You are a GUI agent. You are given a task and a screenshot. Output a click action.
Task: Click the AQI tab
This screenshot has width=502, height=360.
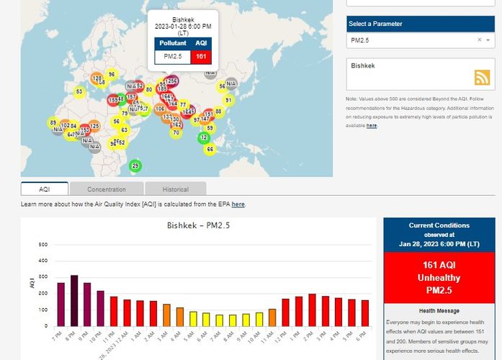pos(45,189)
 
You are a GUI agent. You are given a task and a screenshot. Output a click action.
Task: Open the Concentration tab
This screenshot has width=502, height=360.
pos(107,189)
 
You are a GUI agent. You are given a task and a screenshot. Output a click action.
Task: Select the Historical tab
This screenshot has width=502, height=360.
pos(175,189)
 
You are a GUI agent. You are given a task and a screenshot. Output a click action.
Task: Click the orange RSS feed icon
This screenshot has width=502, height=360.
pos(482,78)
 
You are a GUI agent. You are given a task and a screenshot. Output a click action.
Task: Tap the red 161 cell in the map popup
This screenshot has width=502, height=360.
pos(201,55)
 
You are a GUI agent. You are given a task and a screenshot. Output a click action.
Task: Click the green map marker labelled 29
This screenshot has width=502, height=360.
pos(135,166)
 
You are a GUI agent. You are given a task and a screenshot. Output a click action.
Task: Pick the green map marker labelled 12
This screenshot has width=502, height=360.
pos(204,137)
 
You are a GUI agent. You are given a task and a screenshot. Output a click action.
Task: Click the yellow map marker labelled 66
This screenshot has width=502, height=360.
pos(210,149)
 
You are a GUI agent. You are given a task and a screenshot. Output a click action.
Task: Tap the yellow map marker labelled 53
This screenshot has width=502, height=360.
pos(79,91)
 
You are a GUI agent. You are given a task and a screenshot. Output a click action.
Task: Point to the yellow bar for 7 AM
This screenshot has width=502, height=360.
pos(220,320)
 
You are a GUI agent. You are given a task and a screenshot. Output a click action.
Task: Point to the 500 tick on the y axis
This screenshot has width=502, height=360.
pos(42,245)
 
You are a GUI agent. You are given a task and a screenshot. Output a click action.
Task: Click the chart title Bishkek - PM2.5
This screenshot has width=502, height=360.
pos(198,226)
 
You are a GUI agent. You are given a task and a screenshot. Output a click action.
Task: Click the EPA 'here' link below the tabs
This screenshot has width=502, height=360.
pos(238,204)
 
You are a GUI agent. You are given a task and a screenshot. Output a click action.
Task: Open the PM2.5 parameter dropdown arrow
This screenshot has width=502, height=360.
pos(489,40)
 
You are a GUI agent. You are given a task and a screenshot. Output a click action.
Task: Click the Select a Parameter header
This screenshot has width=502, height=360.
pos(376,24)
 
